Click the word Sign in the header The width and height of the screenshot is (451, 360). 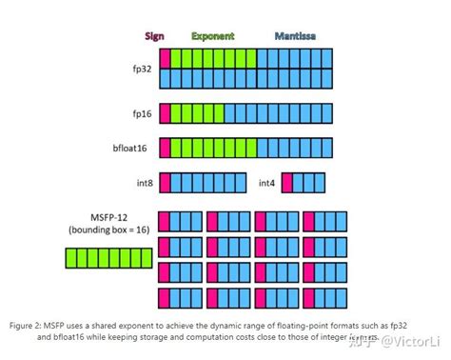click(x=154, y=36)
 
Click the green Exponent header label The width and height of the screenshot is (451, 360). click(x=213, y=36)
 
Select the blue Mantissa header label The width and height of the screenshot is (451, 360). click(x=298, y=36)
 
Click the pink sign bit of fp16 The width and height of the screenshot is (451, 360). click(x=164, y=113)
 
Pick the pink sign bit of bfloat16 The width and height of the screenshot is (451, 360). click(x=164, y=148)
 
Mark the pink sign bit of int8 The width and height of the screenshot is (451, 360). click(x=164, y=182)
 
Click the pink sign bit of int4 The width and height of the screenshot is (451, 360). click(x=286, y=182)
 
